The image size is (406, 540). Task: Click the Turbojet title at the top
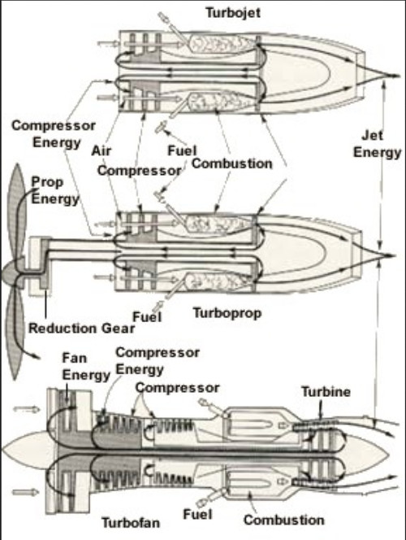point(233,13)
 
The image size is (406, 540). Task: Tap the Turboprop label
point(227,313)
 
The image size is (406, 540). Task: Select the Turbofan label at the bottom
point(131,522)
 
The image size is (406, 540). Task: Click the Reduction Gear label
point(81,329)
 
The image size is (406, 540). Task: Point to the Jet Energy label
point(377,144)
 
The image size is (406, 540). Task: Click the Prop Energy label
point(55,190)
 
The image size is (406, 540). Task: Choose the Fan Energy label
point(86,366)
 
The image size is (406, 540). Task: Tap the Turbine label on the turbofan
point(326,391)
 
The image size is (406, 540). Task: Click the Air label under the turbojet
point(101,150)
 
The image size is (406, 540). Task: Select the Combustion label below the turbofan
point(284,520)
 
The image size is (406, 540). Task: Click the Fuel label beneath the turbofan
point(197,514)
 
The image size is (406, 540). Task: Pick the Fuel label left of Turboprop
point(147,316)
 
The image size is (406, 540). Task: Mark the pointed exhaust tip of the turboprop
point(392,255)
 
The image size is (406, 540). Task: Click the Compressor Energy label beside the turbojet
point(54,133)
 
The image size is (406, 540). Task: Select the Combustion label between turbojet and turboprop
point(231,163)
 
